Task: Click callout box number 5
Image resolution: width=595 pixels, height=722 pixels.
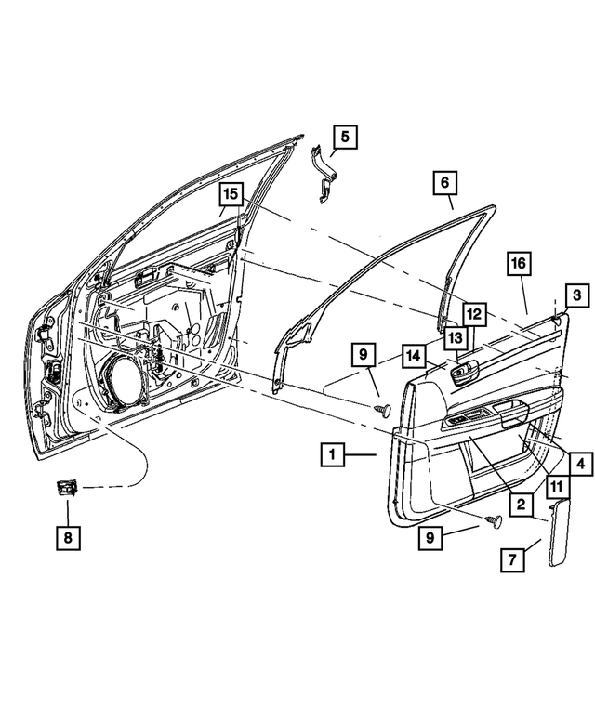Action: pyautogui.click(x=344, y=138)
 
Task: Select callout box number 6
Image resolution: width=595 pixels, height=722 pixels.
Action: pyautogui.click(x=444, y=183)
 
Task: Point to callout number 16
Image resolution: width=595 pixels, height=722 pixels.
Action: pyautogui.click(x=518, y=265)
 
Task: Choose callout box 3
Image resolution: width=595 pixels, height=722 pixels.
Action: pyautogui.click(x=575, y=296)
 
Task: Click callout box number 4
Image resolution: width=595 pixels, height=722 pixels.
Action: pyautogui.click(x=579, y=462)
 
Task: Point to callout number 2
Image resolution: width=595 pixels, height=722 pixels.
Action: pyautogui.click(x=521, y=505)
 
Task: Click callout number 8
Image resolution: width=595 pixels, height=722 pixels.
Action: pyautogui.click(x=67, y=537)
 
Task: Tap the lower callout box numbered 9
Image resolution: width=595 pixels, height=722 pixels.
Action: pyautogui.click(x=430, y=537)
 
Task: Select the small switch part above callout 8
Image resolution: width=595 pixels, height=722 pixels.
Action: pyautogui.click(x=67, y=485)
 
